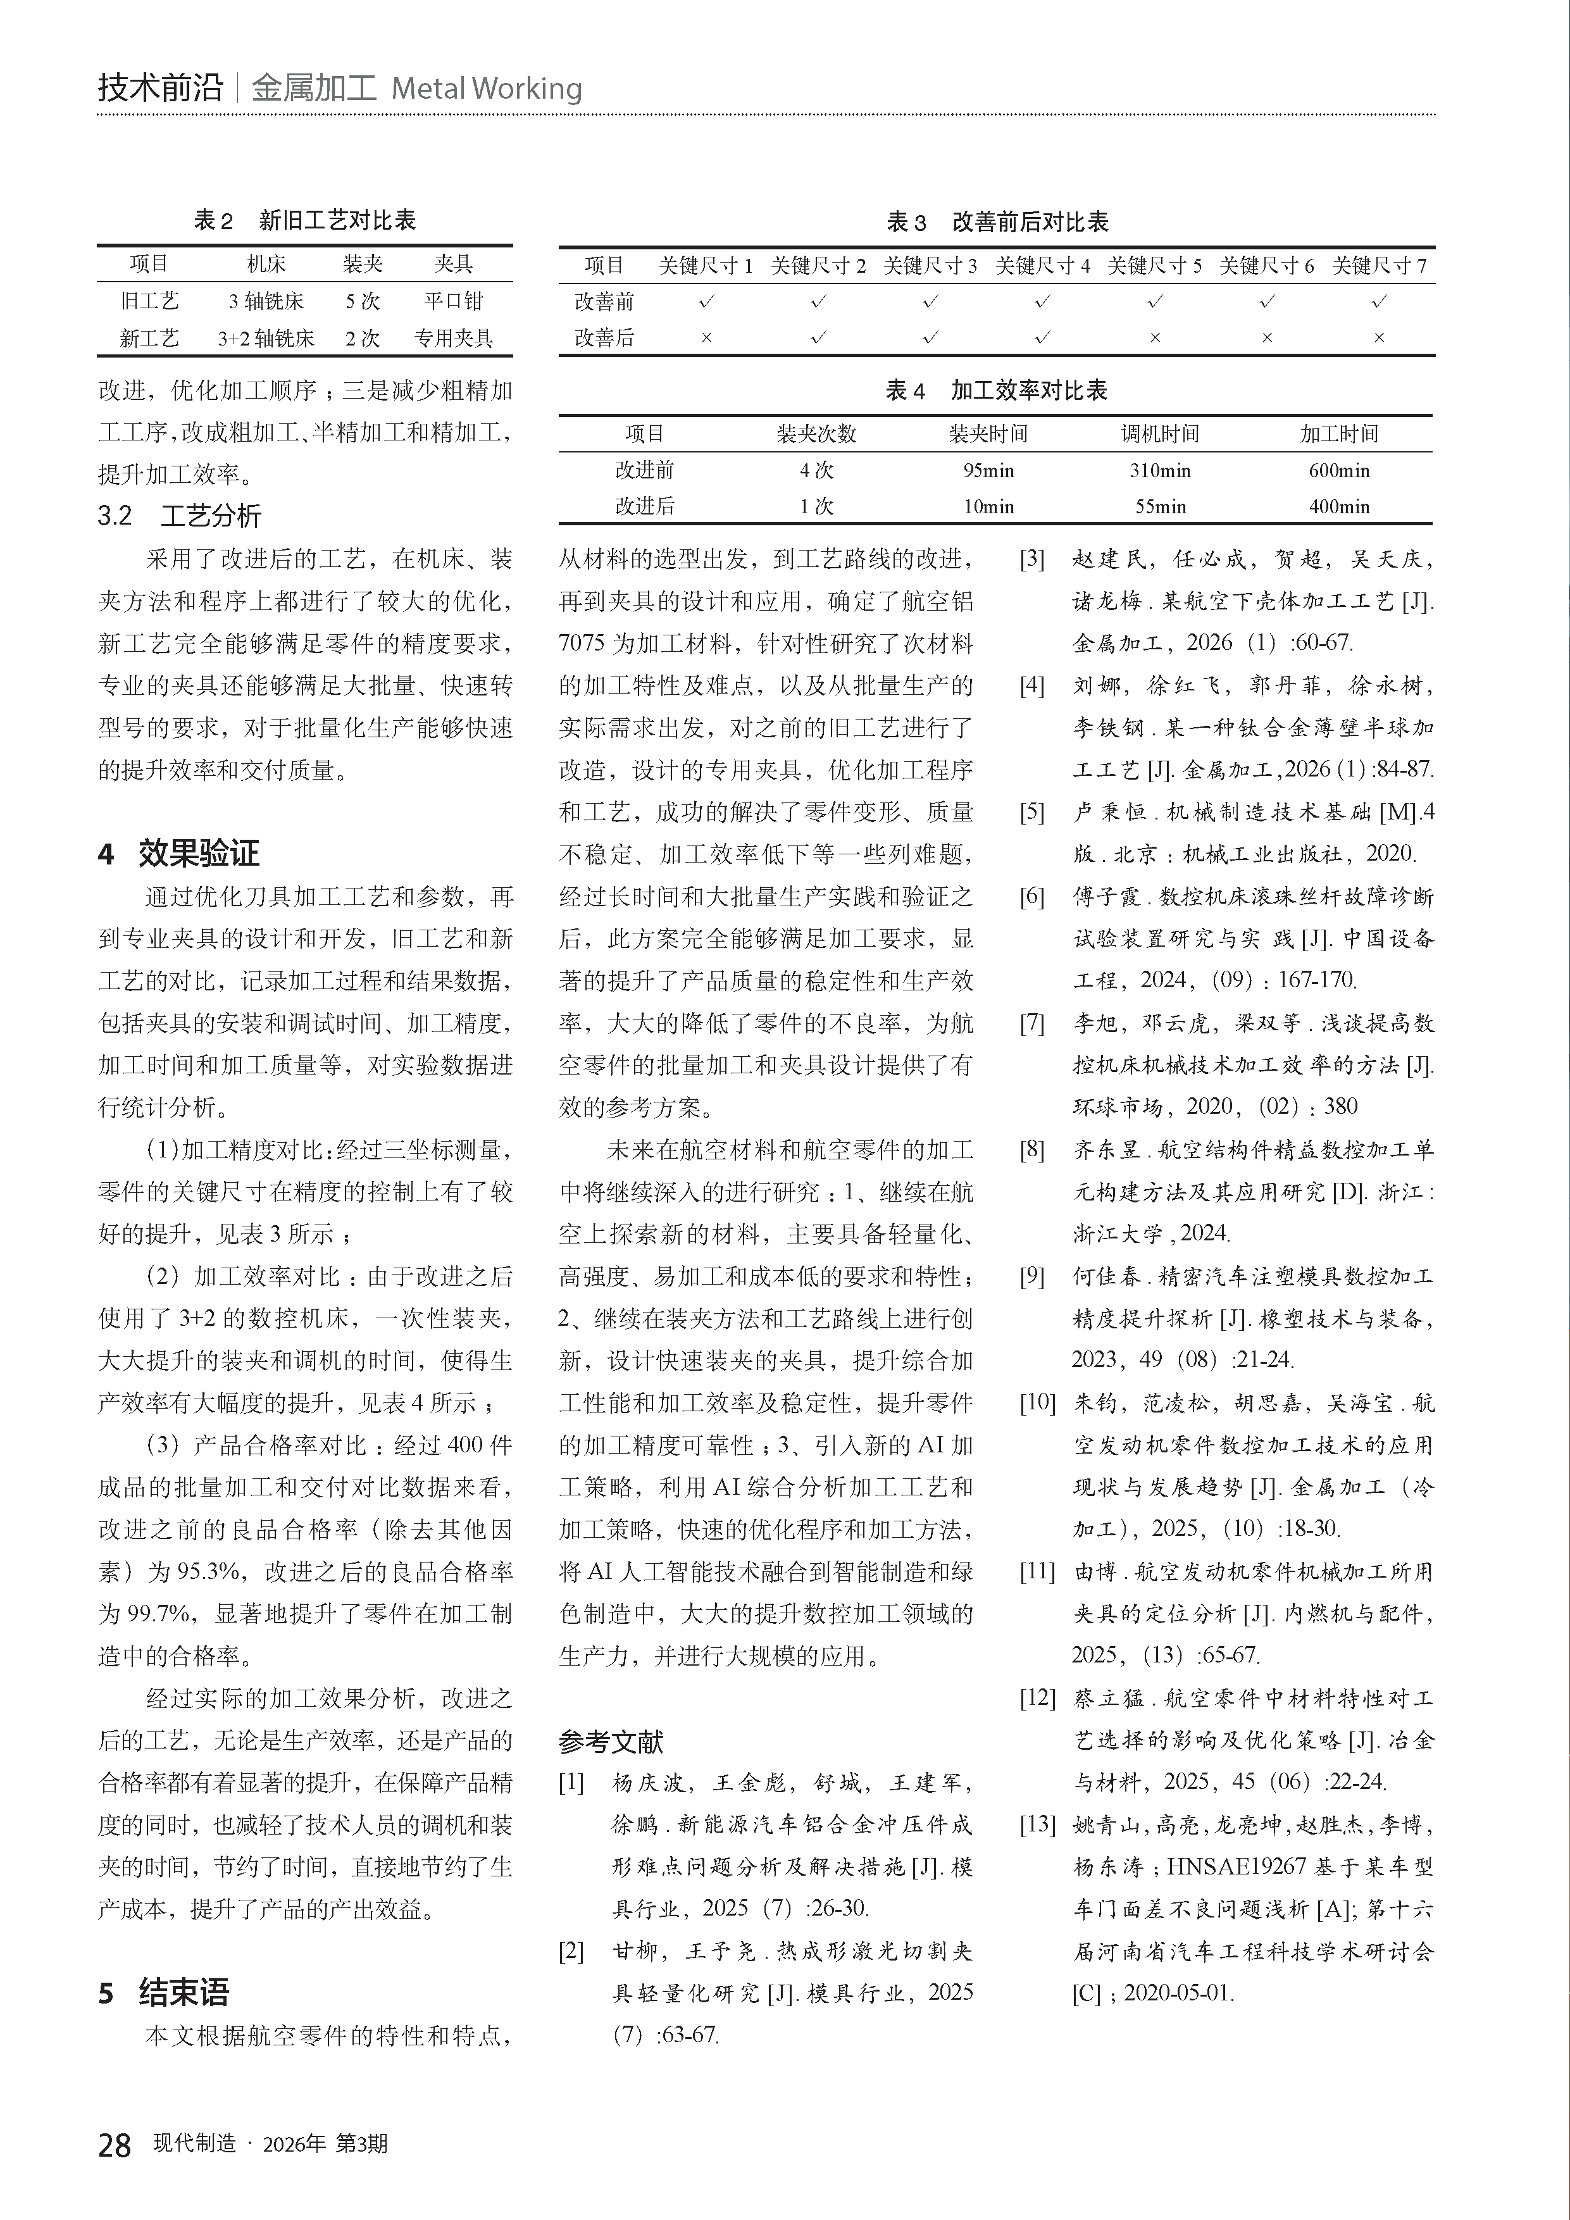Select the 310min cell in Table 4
[x=1160, y=471]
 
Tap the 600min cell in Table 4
[x=1339, y=471]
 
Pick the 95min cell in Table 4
[x=988, y=471]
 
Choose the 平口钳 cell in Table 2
[x=453, y=301]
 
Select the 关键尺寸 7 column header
[x=1379, y=266]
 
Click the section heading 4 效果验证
[x=179, y=853]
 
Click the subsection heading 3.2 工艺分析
[x=179, y=515]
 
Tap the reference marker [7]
[x=1033, y=1023]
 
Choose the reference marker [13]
[x=1037, y=1824]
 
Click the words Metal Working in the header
[x=486, y=89]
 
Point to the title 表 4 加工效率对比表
[x=996, y=390]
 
